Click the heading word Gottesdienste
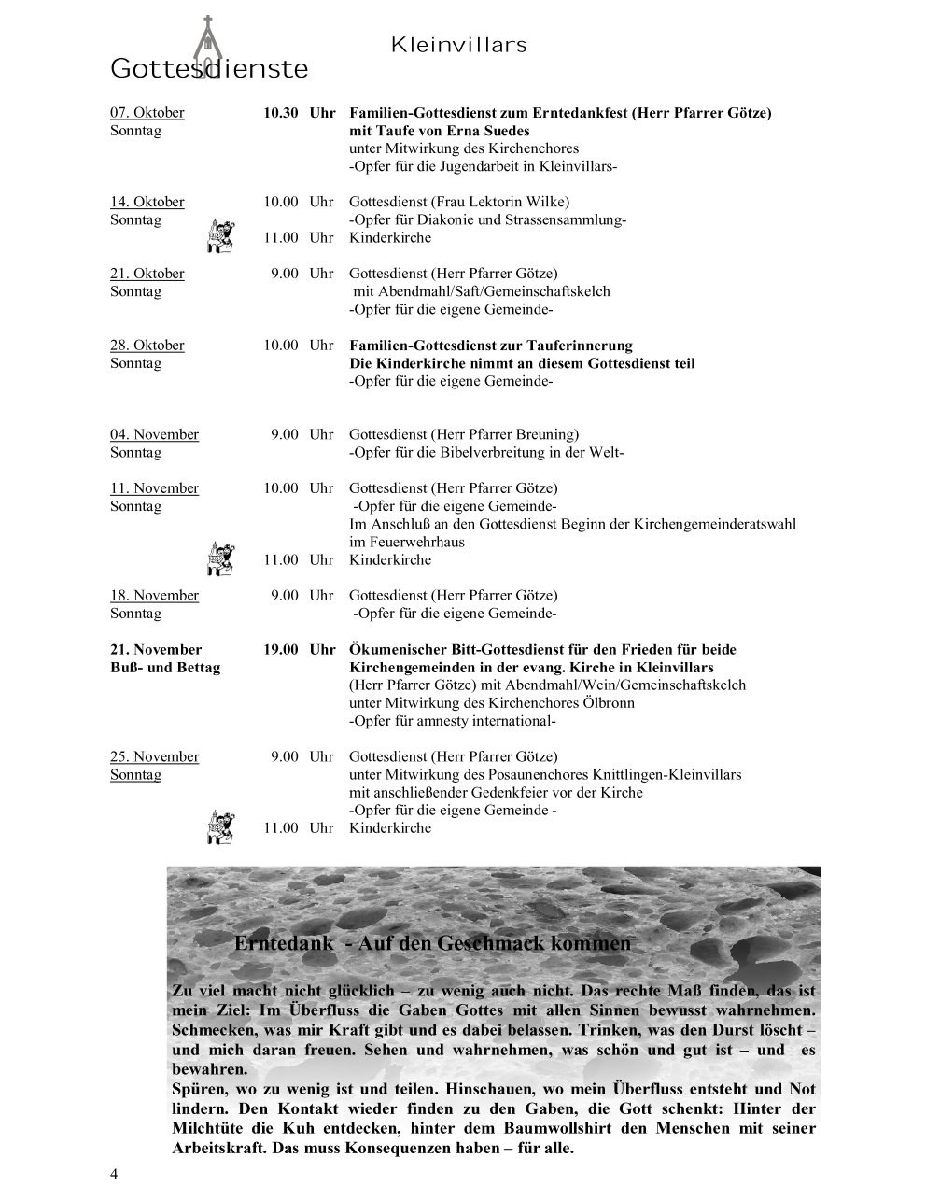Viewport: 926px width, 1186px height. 209,69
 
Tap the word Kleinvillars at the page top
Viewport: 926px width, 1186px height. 458,45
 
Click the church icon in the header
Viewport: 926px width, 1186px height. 206,45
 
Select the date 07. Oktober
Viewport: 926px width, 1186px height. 147,113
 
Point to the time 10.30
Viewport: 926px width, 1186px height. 280,113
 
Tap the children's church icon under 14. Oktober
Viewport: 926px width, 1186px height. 219,235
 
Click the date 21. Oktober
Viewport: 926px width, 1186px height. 147,274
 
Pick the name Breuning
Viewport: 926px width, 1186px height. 546,434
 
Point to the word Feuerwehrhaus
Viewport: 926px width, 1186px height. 407,542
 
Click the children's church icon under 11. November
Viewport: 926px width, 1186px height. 219,558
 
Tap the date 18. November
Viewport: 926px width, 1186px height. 155,596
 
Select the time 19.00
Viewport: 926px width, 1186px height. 280,649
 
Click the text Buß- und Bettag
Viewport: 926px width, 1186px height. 165,668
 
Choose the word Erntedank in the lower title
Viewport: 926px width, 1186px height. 284,943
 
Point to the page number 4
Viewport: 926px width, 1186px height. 114,1174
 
